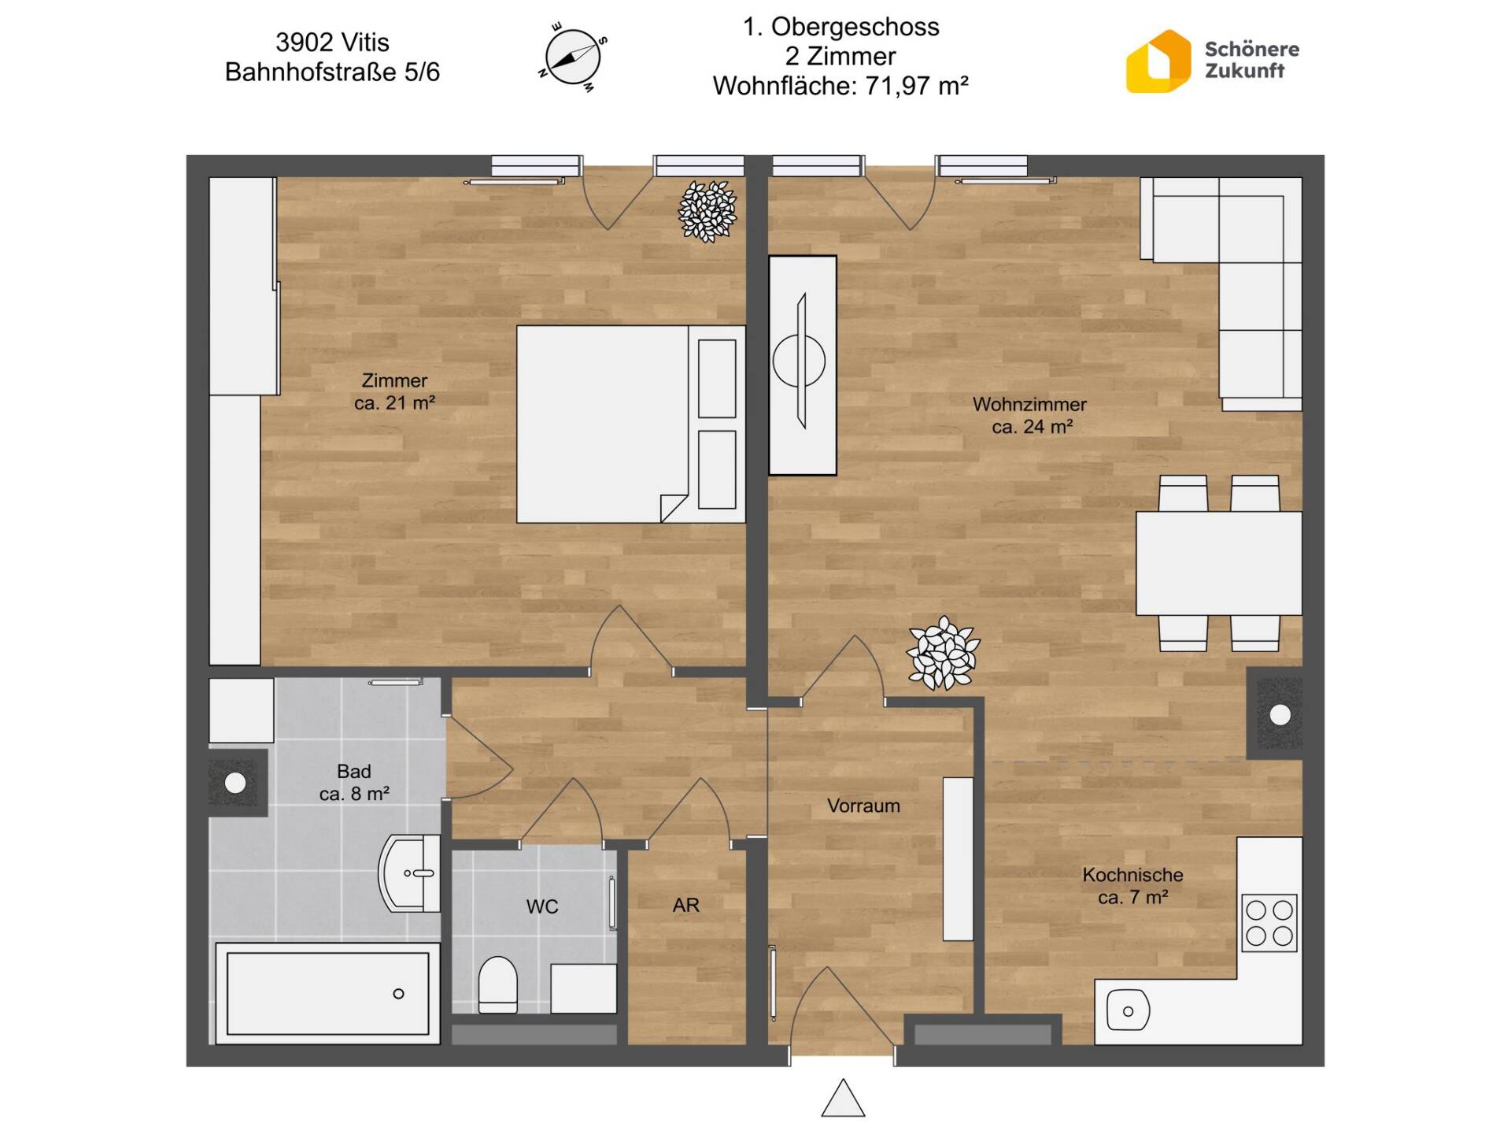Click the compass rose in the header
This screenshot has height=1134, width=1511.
pos(573,57)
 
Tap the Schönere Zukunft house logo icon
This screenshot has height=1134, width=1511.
pos(1158,61)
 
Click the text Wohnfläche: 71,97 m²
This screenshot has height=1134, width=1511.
pos(840,86)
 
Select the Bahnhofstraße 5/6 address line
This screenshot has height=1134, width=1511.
pos(332,72)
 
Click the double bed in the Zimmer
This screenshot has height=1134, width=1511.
pos(630,424)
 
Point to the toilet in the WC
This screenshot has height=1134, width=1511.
pos(498,984)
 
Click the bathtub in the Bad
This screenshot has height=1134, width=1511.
pos(328,994)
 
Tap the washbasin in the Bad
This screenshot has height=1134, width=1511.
pos(410,873)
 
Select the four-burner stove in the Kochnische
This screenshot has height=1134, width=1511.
pos(1269,923)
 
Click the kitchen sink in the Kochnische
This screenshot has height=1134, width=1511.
pos(1128,1010)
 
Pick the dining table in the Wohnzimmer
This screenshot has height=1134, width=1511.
pos(1218,563)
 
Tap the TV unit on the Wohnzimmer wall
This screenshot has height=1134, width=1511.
pos(803,365)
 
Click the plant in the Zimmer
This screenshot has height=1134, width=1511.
pos(707,211)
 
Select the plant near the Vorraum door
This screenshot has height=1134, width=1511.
pos(943,654)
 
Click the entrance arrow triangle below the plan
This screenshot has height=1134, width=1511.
pos(843,1099)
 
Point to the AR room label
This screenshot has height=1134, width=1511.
pos(685,906)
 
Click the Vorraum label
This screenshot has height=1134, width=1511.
pos(863,806)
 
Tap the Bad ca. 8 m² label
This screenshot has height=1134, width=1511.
pos(354,783)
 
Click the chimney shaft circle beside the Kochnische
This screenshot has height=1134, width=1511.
pos(1280,715)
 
